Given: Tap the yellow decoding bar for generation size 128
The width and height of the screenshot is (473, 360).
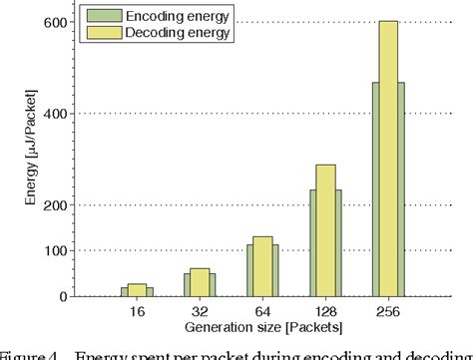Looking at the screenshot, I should click(325, 230).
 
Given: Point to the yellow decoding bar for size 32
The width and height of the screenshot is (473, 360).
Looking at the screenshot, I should click(200, 282).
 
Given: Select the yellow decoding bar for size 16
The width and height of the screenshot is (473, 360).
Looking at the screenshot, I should click(137, 290).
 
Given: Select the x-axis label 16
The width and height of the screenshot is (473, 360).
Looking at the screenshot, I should click(137, 311).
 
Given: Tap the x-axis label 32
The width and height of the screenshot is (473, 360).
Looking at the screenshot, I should click(200, 311).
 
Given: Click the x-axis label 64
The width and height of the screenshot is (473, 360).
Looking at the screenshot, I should click(262, 311).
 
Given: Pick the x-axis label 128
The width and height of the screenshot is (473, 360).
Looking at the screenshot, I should click(325, 311).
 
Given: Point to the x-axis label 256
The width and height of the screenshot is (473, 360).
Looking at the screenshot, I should click(387, 311).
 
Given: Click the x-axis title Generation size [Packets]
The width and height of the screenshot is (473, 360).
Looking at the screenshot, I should click(261, 327).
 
